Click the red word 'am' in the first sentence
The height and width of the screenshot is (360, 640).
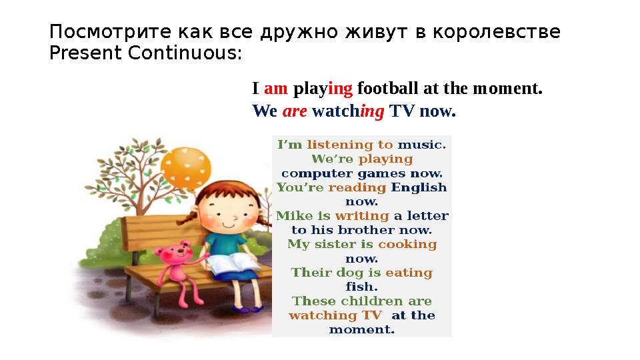275,89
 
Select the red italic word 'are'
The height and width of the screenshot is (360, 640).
295,111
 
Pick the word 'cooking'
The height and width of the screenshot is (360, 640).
407,244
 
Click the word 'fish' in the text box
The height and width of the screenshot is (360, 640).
361,287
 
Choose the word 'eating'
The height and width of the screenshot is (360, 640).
409,273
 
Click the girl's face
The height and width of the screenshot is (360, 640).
227,210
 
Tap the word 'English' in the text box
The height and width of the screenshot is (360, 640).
419,187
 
